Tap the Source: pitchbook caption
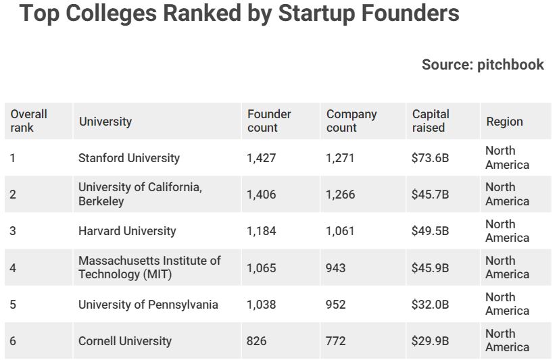click(x=483, y=64)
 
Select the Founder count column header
click(x=269, y=121)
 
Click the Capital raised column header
click(x=431, y=121)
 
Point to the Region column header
click(x=504, y=122)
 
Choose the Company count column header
click(x=351, y=121)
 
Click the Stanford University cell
click(x=128, y=158)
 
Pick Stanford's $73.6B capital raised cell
click(x=430, y=158)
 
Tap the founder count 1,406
click(x=262, y=195)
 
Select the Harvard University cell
click(x=127, y=231)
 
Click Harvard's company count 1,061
click(x=340, y=231)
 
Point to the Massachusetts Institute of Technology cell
click(x=149, y=267)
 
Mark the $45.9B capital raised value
click(x=430, y=268)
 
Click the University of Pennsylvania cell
click(x=148, y=305)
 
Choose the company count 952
click(x=335, y=305)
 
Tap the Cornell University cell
click(x=125, y=341)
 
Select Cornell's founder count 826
click(x=257, y=341)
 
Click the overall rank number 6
click(x=13, y=341)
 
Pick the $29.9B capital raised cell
click(x=430, y=341)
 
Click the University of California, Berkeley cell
click(x=140, y=195)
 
